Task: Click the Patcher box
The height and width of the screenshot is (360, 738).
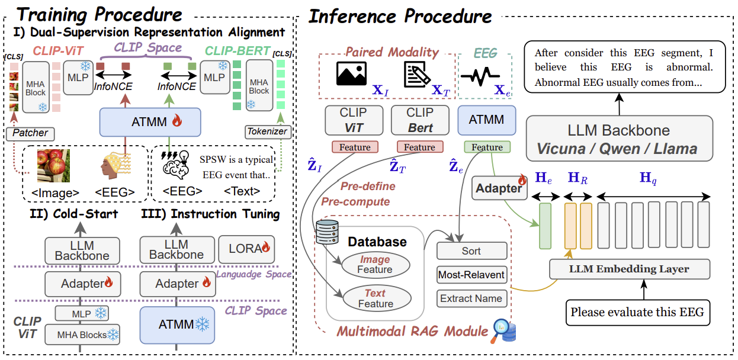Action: pos(30,133)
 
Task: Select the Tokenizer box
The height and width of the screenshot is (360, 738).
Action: pos(268,132)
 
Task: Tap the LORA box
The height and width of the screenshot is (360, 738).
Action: pos(246,249)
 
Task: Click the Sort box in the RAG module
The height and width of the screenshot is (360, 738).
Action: pos(471,251)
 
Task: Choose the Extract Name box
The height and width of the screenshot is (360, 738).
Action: pos(471,298)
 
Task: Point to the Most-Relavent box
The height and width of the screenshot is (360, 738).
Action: pos(471,275)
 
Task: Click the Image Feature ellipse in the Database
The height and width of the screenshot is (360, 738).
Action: pos(376,265)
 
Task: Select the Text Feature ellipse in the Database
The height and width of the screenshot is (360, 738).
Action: pos(377,298)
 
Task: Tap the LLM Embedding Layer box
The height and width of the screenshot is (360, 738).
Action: pos(629,269)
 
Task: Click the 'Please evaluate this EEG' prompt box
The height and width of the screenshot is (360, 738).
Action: pos(638,312)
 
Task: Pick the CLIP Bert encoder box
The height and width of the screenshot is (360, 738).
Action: pos(420,120)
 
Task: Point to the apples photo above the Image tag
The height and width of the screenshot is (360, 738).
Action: pos(53,166)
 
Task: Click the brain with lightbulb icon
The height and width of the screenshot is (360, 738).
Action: pos(175,165)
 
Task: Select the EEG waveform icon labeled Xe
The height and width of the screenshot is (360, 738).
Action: pos(480,76)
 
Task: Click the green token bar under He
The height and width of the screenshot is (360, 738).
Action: pos(546,226)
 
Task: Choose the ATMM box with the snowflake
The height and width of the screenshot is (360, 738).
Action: pos(177,325)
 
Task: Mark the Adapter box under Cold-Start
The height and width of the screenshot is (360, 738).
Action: pos(83,284)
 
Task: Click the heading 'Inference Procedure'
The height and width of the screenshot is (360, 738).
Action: pos(400,17)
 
